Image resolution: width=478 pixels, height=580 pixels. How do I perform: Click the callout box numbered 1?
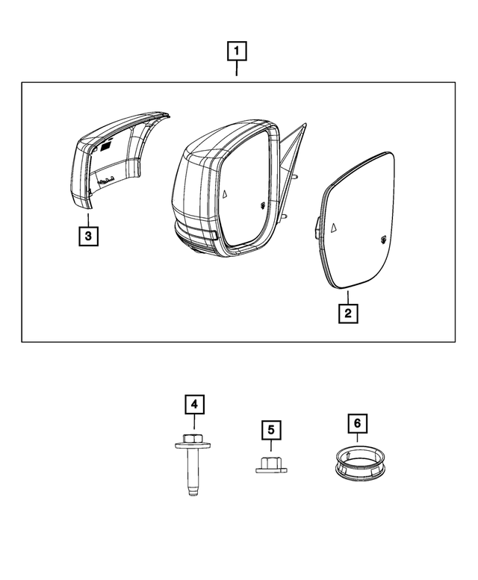(x=237, y=52)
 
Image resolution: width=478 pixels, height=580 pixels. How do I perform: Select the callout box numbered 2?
(x=347, y=313)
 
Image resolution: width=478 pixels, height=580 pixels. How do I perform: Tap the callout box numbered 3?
(x=88, y=237)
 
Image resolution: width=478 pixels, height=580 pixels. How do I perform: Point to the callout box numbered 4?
(x=194, y=405)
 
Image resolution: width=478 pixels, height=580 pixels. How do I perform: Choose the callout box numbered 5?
(x=271, y=430)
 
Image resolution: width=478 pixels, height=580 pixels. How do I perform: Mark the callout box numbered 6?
(x=357, y=423)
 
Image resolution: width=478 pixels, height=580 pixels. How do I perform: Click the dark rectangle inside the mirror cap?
(x=106, y=146)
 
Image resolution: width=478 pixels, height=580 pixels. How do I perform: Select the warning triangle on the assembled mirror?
(x=224, y=193)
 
